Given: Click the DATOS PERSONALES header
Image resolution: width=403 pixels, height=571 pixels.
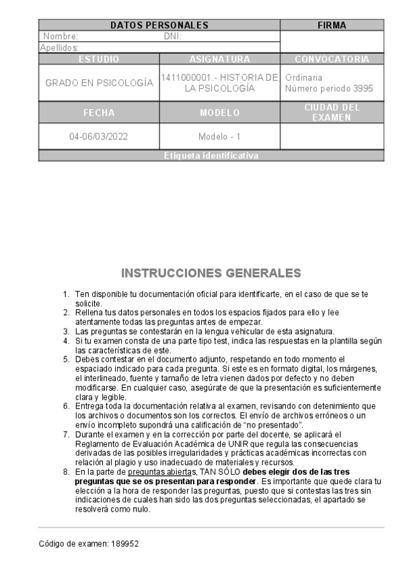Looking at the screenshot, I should point(159,26).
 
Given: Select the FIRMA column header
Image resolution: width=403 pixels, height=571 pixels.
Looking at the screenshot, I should point(332,26).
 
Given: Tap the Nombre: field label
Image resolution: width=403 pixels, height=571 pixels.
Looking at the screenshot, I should point(61,36).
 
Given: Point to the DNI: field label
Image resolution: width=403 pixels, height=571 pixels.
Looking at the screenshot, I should point(173,36).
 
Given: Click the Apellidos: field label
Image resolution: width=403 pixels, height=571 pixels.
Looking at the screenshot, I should point(59,48).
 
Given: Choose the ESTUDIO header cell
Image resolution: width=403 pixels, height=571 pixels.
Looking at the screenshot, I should point(99,59).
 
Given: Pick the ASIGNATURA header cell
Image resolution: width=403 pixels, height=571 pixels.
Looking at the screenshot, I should point(220,59).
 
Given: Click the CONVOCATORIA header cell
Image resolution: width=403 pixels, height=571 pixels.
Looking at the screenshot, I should point(332,59).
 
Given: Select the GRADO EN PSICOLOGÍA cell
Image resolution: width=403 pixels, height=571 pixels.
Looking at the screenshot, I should point(99,83).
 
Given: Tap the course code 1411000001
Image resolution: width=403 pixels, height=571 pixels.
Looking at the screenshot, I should point(182,78).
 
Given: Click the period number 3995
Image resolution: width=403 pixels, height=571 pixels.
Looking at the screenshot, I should point(363,89).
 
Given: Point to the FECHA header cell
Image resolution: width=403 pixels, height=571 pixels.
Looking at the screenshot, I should point(99,112).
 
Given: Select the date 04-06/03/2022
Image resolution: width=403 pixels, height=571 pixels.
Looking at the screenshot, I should point(99,137).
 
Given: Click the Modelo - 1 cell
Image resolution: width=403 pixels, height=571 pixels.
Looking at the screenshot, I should point(220,137).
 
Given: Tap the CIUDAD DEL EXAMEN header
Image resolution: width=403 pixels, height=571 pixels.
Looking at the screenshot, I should point(332,112).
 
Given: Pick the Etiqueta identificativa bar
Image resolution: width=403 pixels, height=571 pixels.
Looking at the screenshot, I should point(211,156).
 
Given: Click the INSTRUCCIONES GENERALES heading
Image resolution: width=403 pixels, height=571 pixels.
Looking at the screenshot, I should point(211,273).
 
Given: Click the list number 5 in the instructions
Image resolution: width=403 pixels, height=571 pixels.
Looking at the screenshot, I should point(66,360).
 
